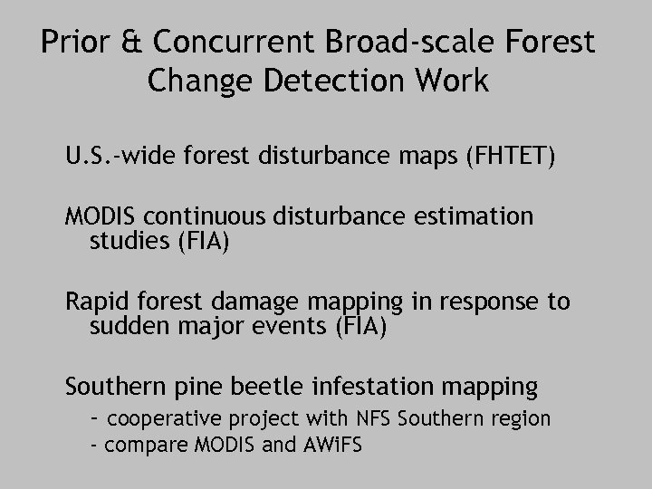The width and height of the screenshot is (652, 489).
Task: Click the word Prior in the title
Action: click(78, 43)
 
